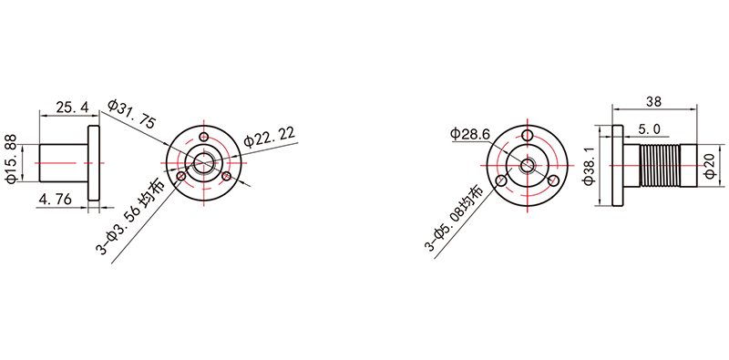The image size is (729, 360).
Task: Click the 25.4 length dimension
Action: pos(72,108)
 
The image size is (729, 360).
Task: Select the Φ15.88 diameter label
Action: pos(12,159)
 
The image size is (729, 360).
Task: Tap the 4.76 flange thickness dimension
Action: pos(56,200)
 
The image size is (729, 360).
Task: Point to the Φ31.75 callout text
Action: pos(131,114)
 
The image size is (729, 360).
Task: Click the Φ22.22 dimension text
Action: pos(270,136)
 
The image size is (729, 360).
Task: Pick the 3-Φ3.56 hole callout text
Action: pos(130,219)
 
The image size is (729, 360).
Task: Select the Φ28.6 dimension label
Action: pos(470,134)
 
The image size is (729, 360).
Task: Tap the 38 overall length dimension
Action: pos(653,102)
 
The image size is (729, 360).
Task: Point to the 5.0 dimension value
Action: pos(649,129)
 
